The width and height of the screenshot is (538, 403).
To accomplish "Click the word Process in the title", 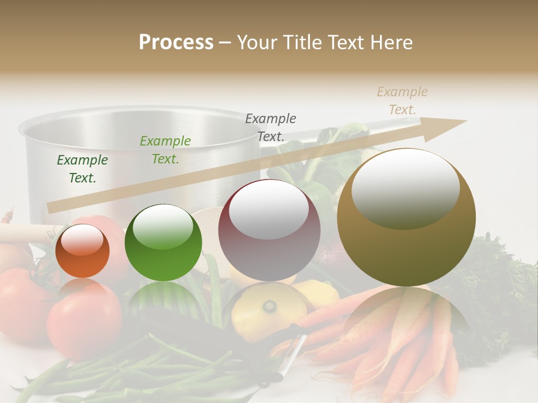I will [x=176, y=43].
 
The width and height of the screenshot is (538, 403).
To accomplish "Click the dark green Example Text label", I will [x=82, y=169].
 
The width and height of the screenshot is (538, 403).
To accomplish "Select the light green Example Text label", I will [x=165, y=150].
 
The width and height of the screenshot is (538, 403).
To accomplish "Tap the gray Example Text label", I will [x=271, y=127].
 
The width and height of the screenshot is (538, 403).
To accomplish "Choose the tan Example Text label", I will [x=402, y=101].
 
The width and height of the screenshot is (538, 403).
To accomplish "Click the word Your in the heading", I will [x=259, y=43].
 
